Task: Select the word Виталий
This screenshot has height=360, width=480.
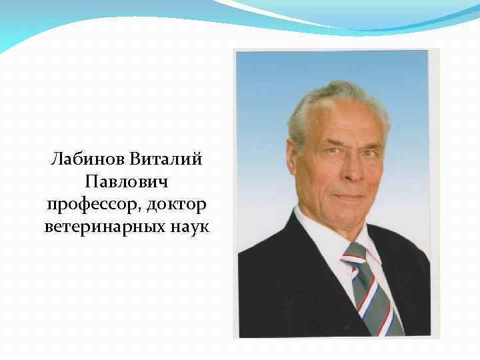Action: coord(167,160)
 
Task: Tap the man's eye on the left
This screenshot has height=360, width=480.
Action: coord(331,155)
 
